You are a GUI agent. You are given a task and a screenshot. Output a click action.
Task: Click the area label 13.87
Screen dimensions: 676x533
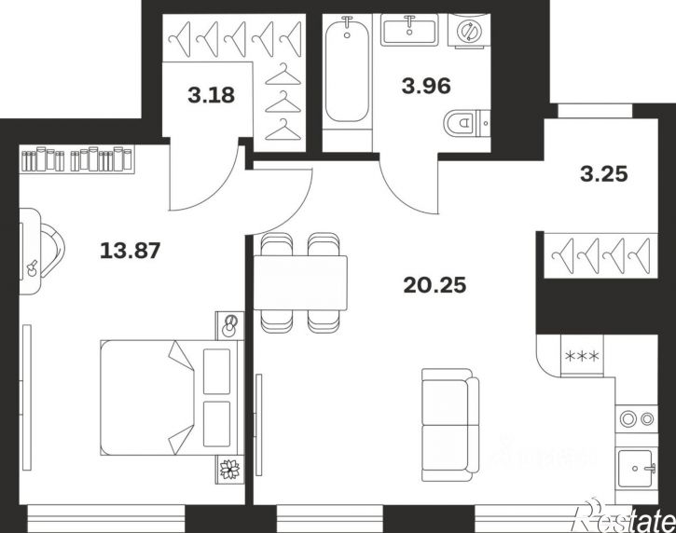tap(130, 251)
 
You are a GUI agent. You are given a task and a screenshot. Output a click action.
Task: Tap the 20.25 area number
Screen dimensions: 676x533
tap(435, 285)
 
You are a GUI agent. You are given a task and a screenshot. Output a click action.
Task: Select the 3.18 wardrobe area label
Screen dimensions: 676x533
tap(212, 95)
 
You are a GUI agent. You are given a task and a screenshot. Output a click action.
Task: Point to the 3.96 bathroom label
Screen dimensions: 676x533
tap(426, 86)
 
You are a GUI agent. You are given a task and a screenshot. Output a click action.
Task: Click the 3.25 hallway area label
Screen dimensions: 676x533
tap(603, 174)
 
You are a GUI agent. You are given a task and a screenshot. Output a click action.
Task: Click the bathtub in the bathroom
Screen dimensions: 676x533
tap(347, 69)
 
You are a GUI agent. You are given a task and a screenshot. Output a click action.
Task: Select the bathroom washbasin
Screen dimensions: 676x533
tap(408, 29)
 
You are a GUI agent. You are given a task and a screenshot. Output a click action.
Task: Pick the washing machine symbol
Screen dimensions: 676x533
tap(469, 29)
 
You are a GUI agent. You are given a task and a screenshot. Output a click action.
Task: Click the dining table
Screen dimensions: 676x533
tap(300, 282)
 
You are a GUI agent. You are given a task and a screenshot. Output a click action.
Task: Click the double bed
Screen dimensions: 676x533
tap(172, 397)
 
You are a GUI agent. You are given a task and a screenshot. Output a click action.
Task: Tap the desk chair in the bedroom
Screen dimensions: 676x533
tap(52, 251)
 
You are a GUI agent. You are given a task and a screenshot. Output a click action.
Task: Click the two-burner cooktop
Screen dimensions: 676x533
tap(636, 418)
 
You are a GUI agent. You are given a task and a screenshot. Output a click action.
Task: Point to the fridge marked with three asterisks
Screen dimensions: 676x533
tap(582, 356)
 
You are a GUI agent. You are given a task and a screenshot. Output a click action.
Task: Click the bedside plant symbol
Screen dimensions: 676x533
tap(229, 470)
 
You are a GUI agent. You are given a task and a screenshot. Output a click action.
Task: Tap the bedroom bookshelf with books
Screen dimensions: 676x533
tap(77, 159)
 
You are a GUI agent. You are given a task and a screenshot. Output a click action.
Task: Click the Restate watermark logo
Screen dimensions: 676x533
tap(625, 516)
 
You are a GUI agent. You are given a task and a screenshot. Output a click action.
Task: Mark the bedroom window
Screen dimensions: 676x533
tap(106, 518)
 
